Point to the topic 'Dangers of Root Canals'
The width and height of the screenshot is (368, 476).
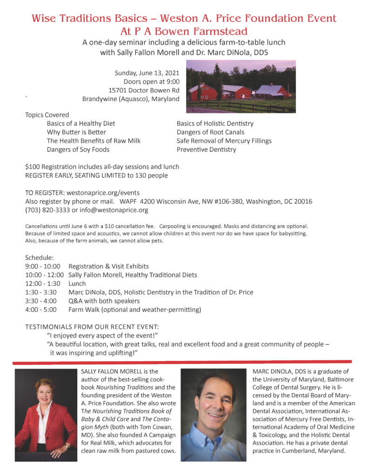point(210,132)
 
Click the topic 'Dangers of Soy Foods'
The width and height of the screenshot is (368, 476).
point(78,149)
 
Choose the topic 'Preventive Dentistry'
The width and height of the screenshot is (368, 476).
point(206,149)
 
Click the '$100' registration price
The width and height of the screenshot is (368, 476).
point(32,166)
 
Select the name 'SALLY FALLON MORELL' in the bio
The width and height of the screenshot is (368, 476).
point(116,371)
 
